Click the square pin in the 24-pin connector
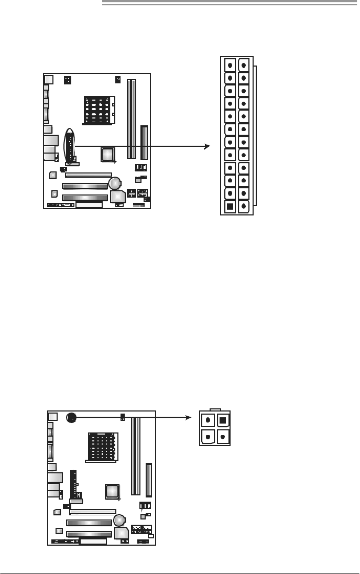[230, 206]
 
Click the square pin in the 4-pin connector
[222, 420]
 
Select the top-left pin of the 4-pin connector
[209, 420]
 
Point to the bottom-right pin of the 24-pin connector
[244, 206]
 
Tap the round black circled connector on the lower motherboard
[72, 417]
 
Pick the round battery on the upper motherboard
[115, 182]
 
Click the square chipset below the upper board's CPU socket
[108, 154]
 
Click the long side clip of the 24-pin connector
[255, 136]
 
